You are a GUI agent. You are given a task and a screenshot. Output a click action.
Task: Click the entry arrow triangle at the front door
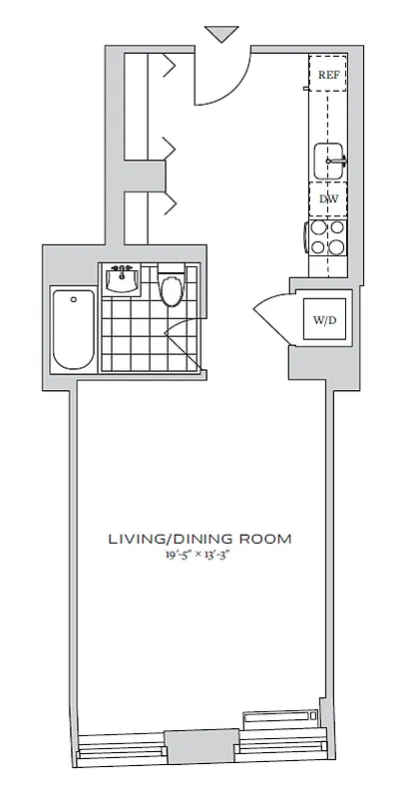pyautogui.click(x=220, y=34)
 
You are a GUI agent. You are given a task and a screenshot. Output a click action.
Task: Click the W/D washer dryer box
pyautogui.click(x=324, y=320)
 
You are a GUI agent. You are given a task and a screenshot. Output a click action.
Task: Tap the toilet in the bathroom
pyautogui.click(x=172, y=288)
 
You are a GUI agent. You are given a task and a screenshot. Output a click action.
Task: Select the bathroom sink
pyautogui.click(x=122, y=280)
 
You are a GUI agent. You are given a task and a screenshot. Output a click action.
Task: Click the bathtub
pyautogui.click(x=72, y=328)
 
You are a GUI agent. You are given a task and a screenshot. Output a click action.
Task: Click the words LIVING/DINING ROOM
pyautogui.click(x=200, y=539)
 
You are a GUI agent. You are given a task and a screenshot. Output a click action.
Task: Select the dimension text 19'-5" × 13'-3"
pyautogui.click(x=200, y=556)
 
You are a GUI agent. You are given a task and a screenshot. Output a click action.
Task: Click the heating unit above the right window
pyautogui.click(x=282, y=720)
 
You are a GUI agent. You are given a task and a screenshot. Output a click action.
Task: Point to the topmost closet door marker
pyautogui.click(x=168, y=67)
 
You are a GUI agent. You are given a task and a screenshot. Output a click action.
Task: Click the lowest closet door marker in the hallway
pyautogui.click(x=168, y=205)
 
